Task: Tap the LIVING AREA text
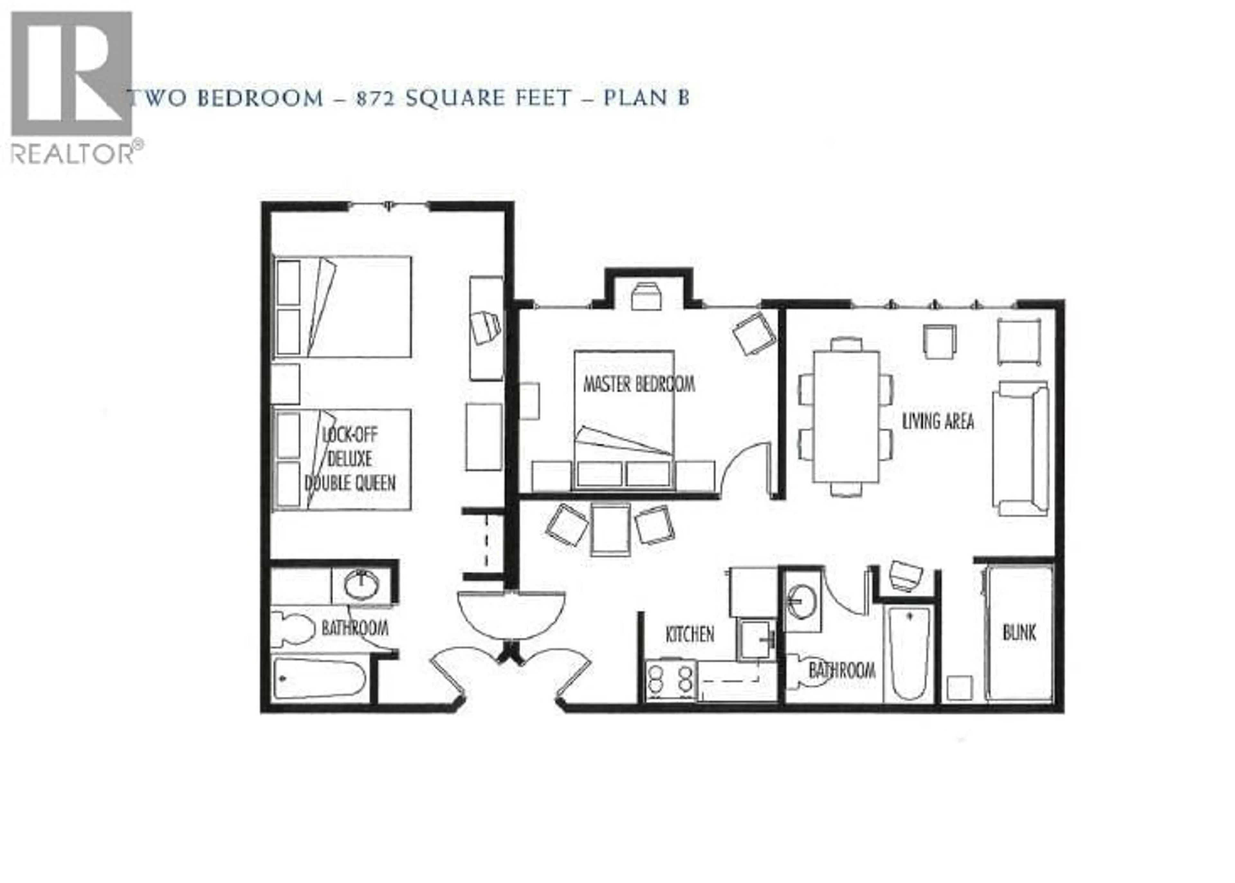(x=938, y=421)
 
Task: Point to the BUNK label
(x=1019, y=632)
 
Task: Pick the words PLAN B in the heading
(x=646, y=98)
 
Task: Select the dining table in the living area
(x=846, y=416)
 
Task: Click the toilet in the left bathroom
(x=293, y=628)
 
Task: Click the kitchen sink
(x=757, y=640)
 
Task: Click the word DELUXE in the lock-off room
(x=349, y=459)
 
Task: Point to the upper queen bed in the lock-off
(x=342, y=307)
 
